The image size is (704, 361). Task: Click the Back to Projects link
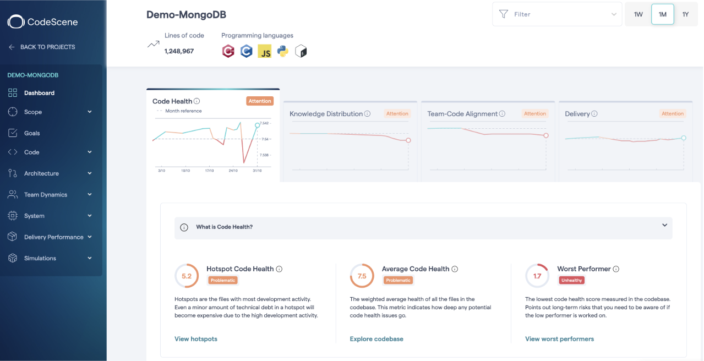[47, 47]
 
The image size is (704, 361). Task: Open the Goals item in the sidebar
[32, 133]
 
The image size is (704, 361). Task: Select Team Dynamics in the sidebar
[45, 195]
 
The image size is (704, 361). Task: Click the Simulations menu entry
[40, 258]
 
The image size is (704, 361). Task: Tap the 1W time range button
[638, 14]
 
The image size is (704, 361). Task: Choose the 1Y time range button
[685, 14]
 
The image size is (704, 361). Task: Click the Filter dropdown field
[556, 14]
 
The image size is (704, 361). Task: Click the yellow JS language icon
[265, 52]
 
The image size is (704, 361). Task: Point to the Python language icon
[283, 52]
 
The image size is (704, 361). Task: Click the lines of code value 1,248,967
[179, 51]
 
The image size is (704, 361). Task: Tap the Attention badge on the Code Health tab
[259, 101]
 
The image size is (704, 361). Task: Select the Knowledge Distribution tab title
[326, 114]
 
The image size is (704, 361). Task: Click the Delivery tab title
[577, 114]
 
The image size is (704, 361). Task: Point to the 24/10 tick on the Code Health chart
[233, 171]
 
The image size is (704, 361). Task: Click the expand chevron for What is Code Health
[664, 226]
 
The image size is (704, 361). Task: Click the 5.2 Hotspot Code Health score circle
[187, 276]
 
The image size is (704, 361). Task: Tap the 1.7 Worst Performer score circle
[537, 276]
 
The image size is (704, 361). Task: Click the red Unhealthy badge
[571, 280]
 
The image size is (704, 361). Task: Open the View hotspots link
[196, 339]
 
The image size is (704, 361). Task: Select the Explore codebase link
[376, 339]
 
